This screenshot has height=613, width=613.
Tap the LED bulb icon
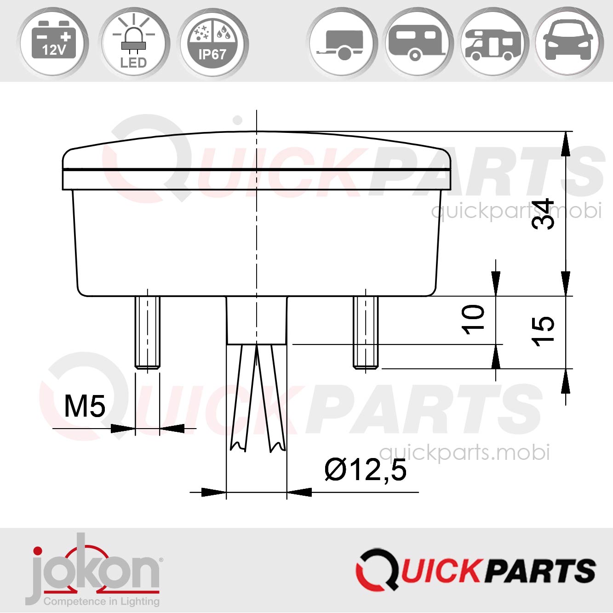coord(133,42)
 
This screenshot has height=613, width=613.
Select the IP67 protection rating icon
coord(212,42)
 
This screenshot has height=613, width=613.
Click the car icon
coord(568,42)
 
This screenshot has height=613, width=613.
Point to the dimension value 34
coord(543,214)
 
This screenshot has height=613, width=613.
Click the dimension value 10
coord(473,319)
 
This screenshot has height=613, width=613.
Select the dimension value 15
coord(543,331)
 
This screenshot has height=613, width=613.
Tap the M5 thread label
coord(85,406)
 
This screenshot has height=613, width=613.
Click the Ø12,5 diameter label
coord(366,470)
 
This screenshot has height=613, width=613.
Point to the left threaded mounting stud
coord(147,332)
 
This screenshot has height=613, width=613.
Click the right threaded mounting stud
coord(366,332)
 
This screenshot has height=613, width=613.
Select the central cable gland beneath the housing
coord(257,320)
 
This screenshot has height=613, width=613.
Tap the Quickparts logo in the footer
coord(476,569)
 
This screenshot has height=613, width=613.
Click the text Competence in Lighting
coord(101,601)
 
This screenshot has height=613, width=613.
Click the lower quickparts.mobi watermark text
coord(464,453)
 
